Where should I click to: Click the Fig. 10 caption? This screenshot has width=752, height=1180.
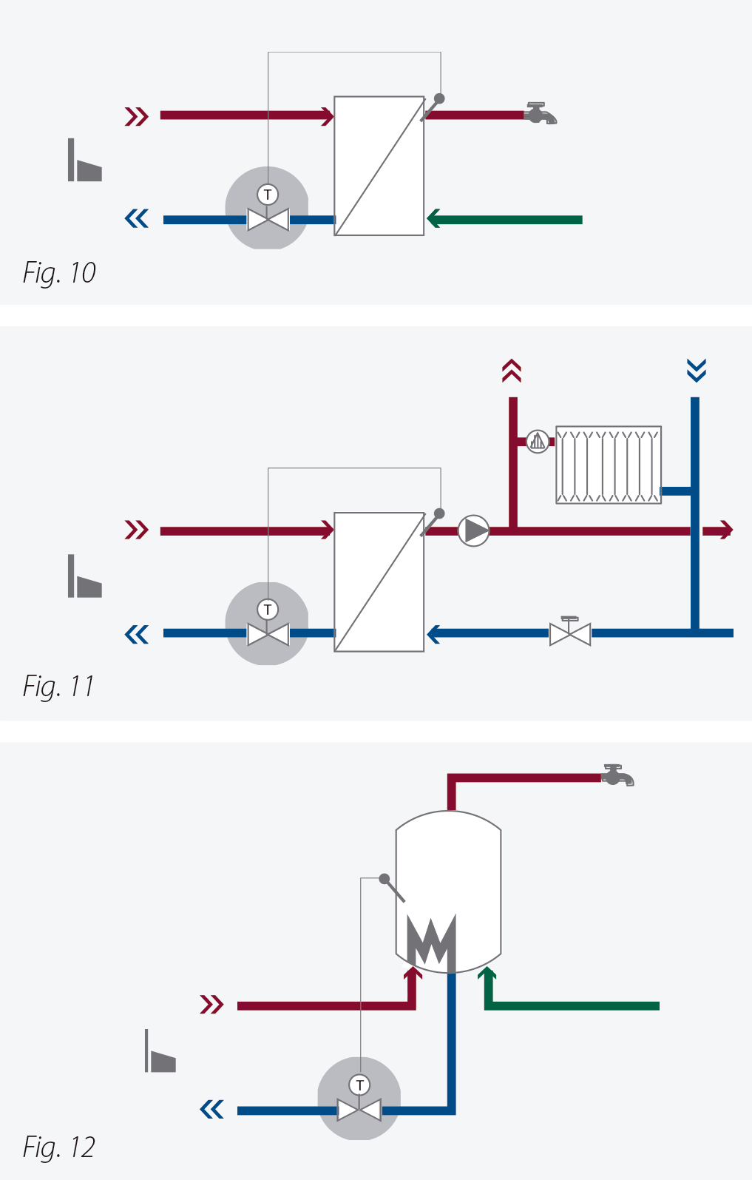(59, 273)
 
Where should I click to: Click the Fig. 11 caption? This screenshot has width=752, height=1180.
(58, 687)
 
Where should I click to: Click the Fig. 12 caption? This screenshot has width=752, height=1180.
(59, 1147)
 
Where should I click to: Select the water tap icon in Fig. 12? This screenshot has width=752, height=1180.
(617, 775)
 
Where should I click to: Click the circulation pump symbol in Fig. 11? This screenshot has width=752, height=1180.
(473, 530)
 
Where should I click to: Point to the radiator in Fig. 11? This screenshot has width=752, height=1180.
(608, 465)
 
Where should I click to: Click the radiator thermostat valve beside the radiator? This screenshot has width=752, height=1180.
(538, 442)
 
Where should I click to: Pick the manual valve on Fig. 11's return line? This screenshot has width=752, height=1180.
(570, 632)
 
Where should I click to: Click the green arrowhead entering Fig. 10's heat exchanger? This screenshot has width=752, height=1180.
(435, 219)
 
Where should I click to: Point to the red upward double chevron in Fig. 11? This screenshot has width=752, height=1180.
(512, 371)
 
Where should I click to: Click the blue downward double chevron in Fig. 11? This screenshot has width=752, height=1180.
(696, 370)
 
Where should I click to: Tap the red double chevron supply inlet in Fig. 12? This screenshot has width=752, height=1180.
(211, 1005)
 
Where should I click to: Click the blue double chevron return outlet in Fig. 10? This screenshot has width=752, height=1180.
(137, 219)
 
